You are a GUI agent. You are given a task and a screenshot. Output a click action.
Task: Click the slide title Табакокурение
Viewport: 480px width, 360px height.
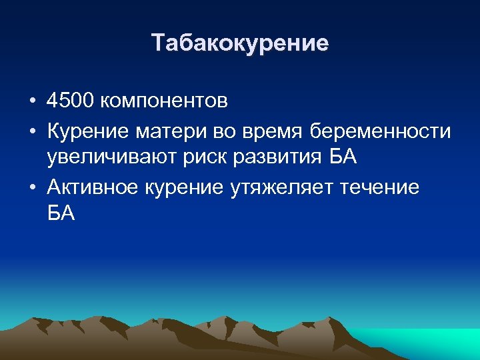[x=240, y=43]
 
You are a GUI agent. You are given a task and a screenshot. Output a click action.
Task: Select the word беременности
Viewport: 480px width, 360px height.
[x=380, y=131]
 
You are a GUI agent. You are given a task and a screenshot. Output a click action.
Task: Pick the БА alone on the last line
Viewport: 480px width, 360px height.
[x=62, y=214]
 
